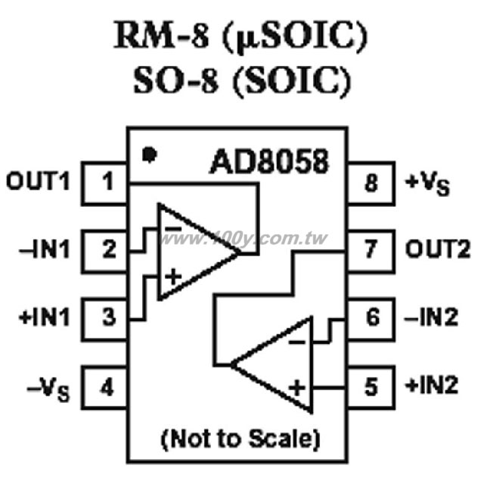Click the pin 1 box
click(x=104, y=183)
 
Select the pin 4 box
click(x=104, y=387)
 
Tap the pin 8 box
click(x=371, y=183)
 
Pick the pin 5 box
click(x=371, y=387)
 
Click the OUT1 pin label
click(x=38, y=181)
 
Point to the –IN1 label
click(x=45, y=249)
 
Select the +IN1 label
click(x=45, y=317)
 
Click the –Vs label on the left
click(x=48, y=389)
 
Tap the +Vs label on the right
click(x=427, y=185)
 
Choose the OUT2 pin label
click(x=438, y=249)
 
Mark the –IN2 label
click(x=431, y=317)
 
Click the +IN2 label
click(x=431, y=386)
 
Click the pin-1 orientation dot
click(x=150, y=155)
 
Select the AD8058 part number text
click(x=269, y=161)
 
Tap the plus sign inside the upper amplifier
click(x=173, y=276)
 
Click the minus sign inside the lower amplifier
click(x=296, y=342)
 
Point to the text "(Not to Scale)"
click(x=240, y=439)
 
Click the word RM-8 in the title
click(x=161, y=35)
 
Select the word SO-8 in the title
click(x=176, y=80)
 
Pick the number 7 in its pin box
click(x=371, y=249)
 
